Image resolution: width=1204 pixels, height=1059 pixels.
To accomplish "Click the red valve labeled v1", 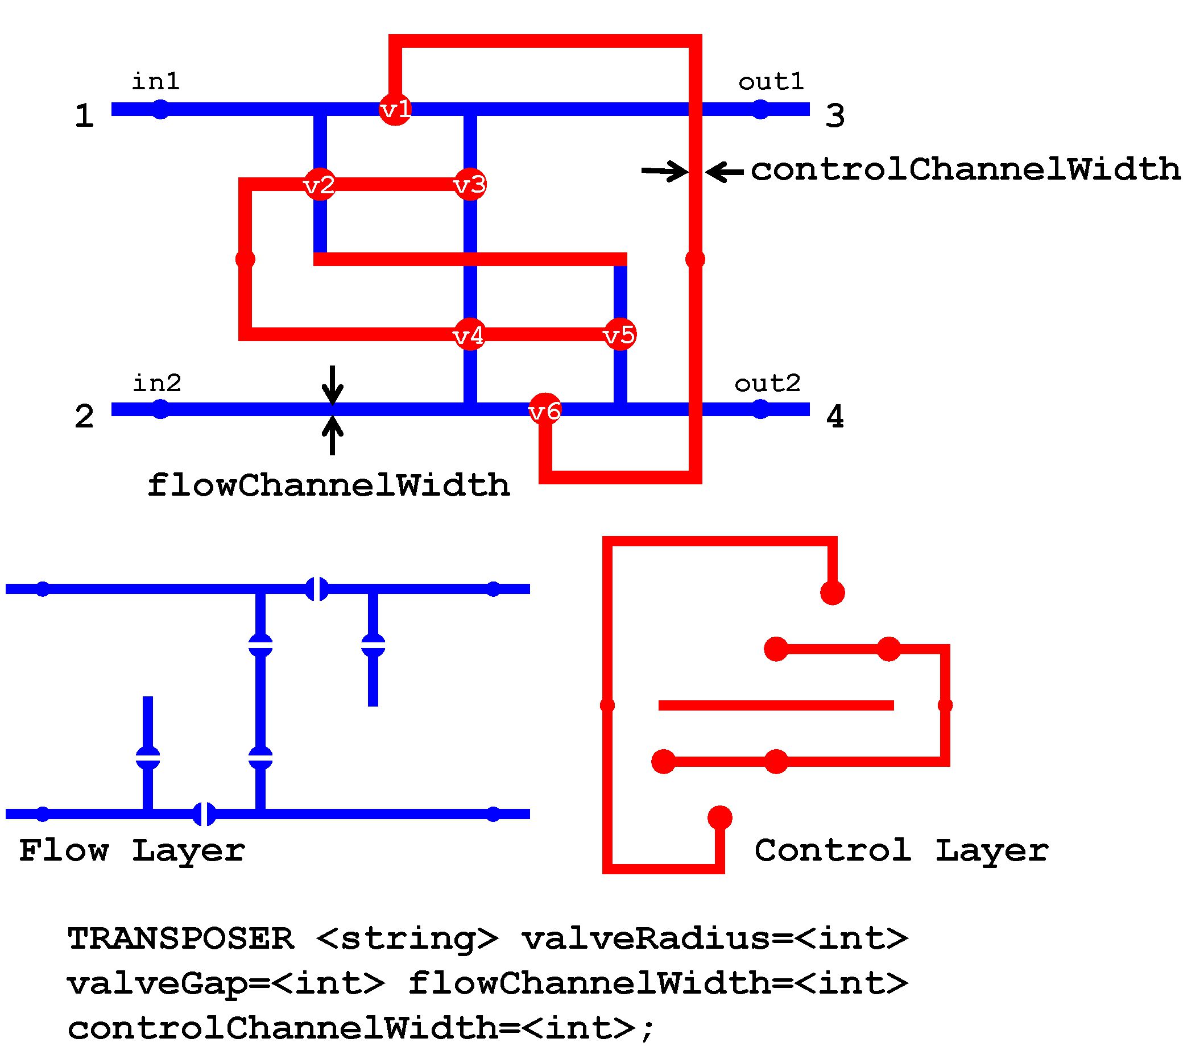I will [x=395, y=109].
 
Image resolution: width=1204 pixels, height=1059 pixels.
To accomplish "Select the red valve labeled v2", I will [x=320, y=185].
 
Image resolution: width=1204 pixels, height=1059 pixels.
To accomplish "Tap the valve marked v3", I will [x=469, y=185].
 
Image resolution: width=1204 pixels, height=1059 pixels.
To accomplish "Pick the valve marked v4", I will [x=469, y=335].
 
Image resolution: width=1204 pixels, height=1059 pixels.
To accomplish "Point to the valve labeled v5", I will [x=620, y=335].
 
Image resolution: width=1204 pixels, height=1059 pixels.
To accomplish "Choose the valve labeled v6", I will [x=545, y=410].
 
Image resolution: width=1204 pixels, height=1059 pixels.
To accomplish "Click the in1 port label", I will [x=155, y=81].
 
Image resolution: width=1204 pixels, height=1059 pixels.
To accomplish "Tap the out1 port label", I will [x=771, y=81].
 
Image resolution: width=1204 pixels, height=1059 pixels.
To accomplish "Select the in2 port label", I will [x=157, y=383].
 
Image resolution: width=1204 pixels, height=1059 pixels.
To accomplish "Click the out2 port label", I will [x=768, y=383].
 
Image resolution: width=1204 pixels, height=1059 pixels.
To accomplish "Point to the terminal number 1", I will [x=84, y=116].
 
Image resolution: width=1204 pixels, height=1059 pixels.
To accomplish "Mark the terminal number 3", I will [x=835, y=116].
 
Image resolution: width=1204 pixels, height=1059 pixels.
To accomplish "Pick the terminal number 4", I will [x=835, y=417].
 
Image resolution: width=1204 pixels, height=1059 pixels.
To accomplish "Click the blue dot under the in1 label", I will [x=160, y=110].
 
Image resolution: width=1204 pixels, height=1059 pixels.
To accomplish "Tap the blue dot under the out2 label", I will [x=760, y=409].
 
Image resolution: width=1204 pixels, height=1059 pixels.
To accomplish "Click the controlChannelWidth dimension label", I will [x=966, y=170].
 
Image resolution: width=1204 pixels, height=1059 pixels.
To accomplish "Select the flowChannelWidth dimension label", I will [x=328, y=485].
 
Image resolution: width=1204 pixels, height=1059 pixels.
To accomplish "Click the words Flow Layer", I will [x=132, y=850].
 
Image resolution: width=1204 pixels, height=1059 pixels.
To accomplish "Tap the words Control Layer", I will [x=901, y=850].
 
